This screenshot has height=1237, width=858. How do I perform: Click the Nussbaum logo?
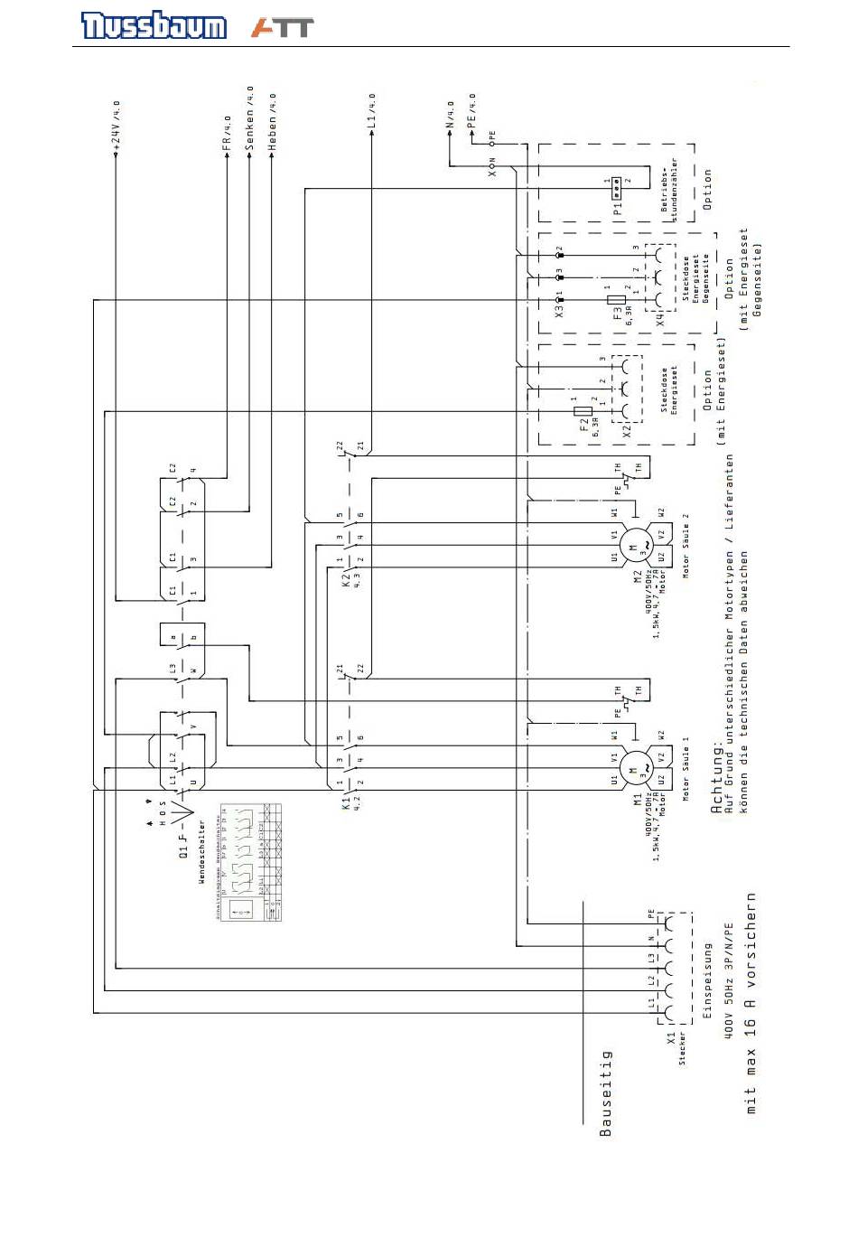pyautogui.click(x=154, y=25)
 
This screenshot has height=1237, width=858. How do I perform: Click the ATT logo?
pyautogui.click(x=283, y=27)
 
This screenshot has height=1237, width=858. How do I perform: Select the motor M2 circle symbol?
pyautogui.click(x=634, y=546)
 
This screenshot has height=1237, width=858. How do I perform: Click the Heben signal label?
pyautogui.click(x=273, y=122)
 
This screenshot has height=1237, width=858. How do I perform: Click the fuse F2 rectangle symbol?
pyautogui.click(x=583, y=412)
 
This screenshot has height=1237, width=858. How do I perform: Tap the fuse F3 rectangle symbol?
pyautogui.click(x=617, y=299)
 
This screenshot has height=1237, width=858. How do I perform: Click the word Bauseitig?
pyautogui.click(x=605, y=1092)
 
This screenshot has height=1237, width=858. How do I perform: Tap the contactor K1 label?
pyautogui.click(x=346, y=801)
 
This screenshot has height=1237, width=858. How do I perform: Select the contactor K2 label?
pyautogui.click(x=346, y=578)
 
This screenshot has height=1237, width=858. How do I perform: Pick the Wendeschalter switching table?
pyautogui.click(x=250, y=862)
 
